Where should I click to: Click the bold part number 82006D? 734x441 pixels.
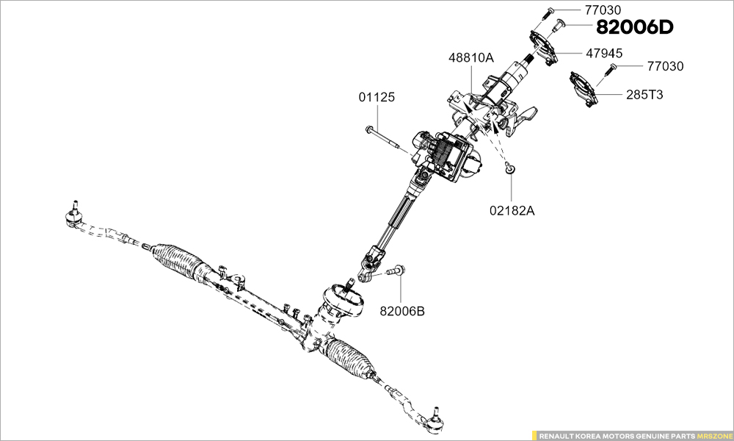[x=635, y=28]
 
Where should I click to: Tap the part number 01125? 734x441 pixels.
[x=377, y=97]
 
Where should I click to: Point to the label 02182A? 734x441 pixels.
[x=512, y=211]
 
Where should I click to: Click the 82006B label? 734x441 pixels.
[x=402, y=311]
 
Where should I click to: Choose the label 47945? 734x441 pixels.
[x=604, y=53]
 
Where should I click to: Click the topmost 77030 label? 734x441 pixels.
[x=603, y=10]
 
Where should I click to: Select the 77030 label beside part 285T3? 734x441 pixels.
[x=665, y=66]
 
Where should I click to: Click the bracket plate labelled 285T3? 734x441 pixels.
[x=584, y=87]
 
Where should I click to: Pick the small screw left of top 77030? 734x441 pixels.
[x=549, y=12]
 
